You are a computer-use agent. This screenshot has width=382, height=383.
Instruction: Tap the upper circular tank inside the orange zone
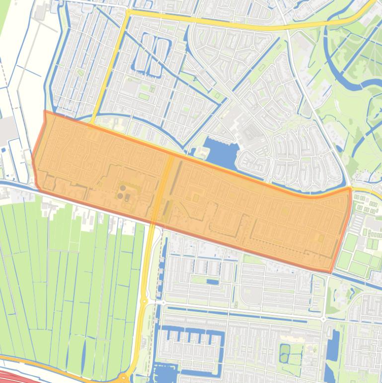coord(123,189)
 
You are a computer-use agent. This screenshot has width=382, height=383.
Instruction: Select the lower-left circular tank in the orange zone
coord(120,196)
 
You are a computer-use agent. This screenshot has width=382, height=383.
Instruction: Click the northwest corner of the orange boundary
coord(45,111)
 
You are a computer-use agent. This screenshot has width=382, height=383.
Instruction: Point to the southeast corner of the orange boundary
coord(331,272)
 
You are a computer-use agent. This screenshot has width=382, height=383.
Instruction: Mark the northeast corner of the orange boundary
coord(350,189)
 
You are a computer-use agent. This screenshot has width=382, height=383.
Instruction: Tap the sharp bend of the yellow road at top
coord(128,11)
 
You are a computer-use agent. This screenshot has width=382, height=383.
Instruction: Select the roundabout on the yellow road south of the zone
coord(144,301)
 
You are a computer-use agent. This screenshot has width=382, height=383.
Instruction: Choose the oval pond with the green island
coord(284,353)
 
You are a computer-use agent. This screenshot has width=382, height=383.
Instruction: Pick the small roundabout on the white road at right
coord(323,319)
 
